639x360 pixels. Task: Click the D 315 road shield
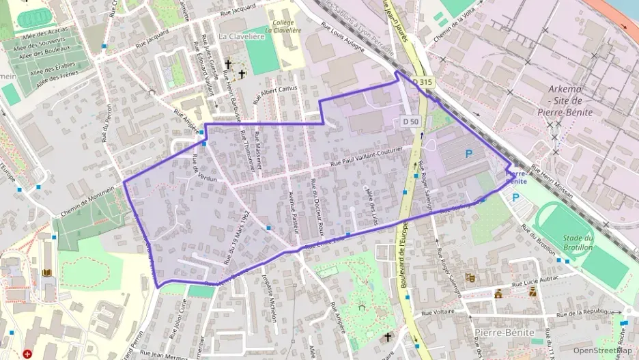point(423,83)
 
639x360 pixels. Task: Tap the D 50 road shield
point(410,121)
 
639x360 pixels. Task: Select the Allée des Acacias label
point(44,30)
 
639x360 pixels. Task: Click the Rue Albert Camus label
point(276,95)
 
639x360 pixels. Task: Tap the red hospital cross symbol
point(27,354)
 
